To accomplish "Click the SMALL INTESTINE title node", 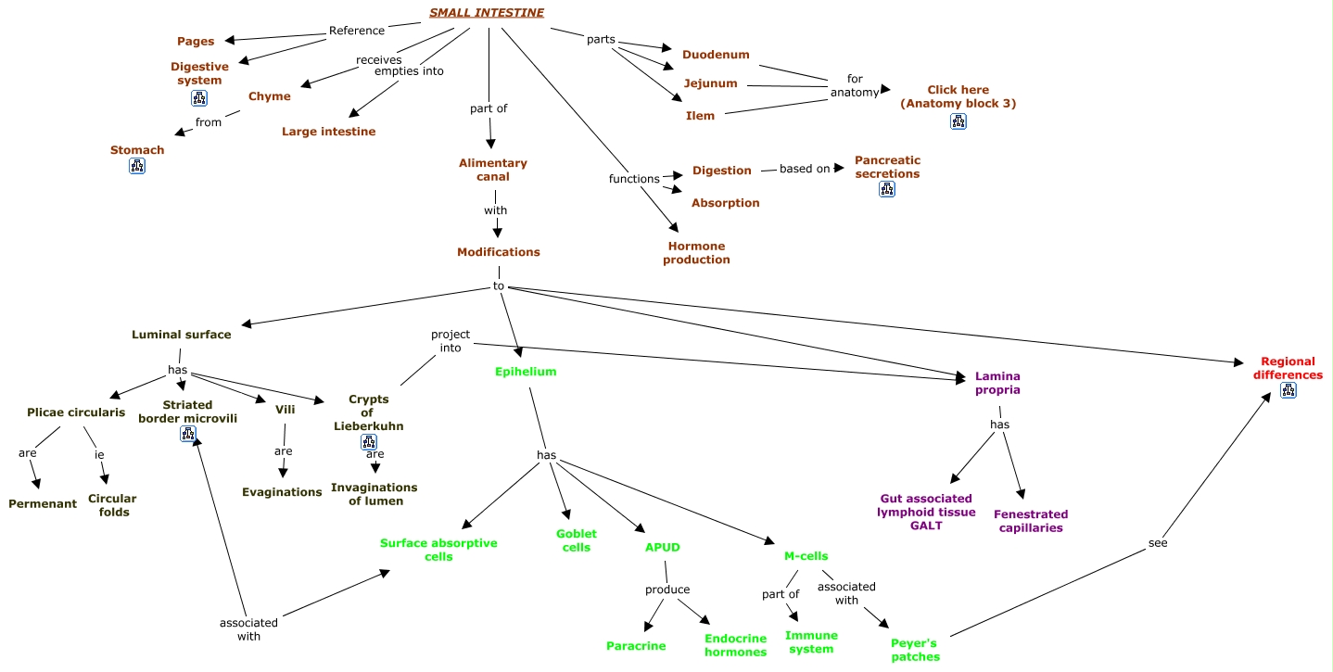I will click(486, 13).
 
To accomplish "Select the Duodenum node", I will click(716, 55).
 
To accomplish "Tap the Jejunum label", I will click(710, 83).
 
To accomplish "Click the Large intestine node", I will click(329, 132).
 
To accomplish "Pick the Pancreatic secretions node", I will click(887, 167).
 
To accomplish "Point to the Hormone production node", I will click(696, 253).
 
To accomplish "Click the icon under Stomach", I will click(137, 167).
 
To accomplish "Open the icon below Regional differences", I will click(1288, 391).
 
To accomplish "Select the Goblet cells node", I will click(576, 540).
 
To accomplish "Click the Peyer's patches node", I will click(915, 650).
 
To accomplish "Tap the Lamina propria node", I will click(997, 384).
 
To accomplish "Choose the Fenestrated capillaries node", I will click(1030, 521).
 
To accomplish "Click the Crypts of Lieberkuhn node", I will click(368, 412).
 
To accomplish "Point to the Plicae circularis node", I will click(76, 412).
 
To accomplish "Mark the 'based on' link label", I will click(805, 169).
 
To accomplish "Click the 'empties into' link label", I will click(409, 71).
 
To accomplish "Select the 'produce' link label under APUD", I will click(667, 590).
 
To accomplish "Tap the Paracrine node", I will click(636, 646).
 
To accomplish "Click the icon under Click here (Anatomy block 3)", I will click(958, 120).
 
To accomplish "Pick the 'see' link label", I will click(1158, 543).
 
